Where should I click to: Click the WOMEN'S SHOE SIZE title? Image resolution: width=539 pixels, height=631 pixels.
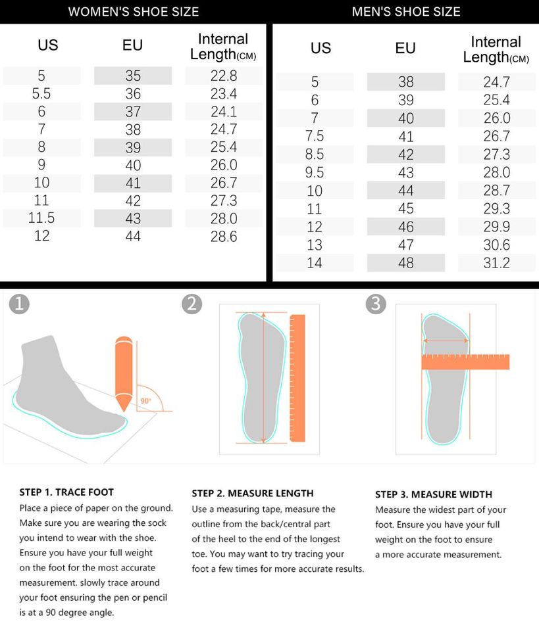[134, 12]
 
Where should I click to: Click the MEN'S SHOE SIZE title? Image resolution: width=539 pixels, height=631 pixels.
[406, 12]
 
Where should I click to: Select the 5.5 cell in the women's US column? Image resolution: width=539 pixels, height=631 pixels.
[41, 94]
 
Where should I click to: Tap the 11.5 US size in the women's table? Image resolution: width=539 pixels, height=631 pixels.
[41, 218]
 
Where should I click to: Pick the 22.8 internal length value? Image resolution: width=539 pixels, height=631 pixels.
[224, 76]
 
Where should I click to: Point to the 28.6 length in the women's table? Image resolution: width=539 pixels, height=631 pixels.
[224, 236]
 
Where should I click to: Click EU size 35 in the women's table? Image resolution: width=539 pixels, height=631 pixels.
[133, 76]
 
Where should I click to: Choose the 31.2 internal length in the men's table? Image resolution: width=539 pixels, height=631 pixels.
[497, 263]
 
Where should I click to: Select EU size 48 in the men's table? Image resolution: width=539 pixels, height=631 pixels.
[405, 263]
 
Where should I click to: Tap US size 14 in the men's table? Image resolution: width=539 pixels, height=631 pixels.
[314, 263]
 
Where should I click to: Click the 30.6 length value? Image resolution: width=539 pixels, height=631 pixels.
[497, 245]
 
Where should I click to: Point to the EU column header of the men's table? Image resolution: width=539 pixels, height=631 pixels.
[405, 48]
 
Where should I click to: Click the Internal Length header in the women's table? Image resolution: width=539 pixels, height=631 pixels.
[223, 47]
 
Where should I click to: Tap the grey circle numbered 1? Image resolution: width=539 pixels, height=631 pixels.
[19, 304]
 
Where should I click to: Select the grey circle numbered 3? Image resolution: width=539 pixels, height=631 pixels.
[376, 304]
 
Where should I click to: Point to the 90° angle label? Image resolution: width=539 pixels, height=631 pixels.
[146, 401]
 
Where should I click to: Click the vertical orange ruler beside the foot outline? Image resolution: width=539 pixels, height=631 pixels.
[297, 379]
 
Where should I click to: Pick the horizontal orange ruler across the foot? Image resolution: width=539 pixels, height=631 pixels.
[465, 362]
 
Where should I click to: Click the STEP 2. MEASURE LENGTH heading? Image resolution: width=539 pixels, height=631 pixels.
[253, 494]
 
